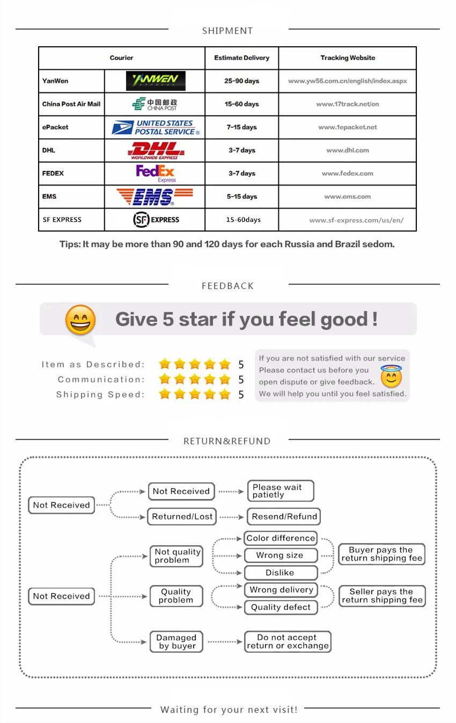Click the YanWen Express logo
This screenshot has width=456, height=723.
point(156,81)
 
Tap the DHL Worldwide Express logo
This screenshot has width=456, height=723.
point(155,150)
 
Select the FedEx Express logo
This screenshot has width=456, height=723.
point(156,173)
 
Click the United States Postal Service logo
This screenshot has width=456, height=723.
point(156,127)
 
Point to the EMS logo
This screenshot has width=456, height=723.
point(155,197)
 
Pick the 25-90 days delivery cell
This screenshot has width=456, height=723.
point(241,81)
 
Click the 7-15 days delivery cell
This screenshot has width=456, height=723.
point(241,127)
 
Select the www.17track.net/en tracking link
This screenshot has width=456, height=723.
point(348,104)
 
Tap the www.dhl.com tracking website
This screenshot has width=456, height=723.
point(348,150)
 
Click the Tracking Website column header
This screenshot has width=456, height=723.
point(348,58)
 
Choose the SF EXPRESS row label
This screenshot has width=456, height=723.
point(62,220)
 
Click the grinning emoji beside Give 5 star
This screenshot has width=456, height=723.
point(80,320)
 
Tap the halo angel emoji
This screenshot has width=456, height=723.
point(391,377)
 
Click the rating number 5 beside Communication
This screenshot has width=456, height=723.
point(241,380)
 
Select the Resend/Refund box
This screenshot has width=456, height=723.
point(284,517)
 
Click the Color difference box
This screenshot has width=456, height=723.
point(281,538)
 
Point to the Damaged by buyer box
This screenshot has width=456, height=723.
point(176,642)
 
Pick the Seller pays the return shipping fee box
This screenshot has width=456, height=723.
point(382,596)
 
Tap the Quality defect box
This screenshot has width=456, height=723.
point(281,608)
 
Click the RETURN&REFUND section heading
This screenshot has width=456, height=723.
point(227,441)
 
